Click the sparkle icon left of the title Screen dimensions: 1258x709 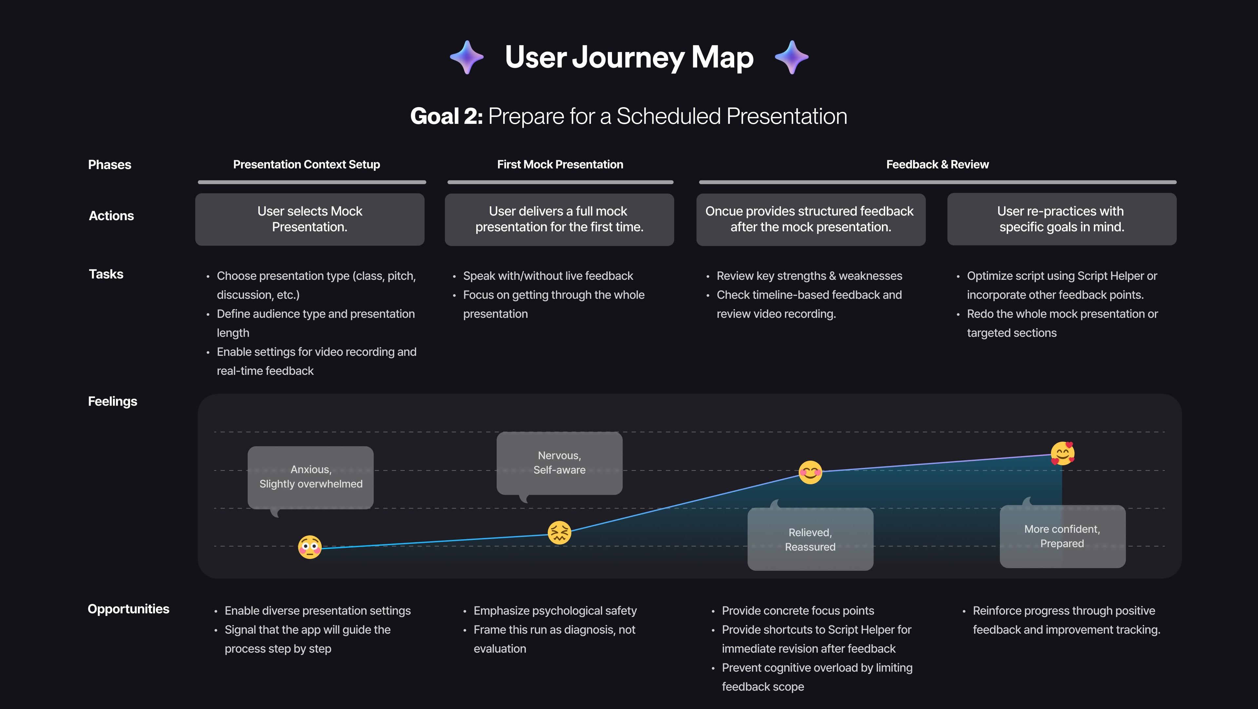pyautogui.click(x=467, y=57)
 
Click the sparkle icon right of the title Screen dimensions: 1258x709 pyautogui.click(x=791, y=57)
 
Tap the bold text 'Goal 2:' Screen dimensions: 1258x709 pyautogui.click(x=446, y=116)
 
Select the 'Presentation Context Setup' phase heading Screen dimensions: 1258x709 pyautogui.click(x=306, y=164)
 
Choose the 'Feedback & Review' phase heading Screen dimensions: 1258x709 pyautogui.click(x=937, y=164)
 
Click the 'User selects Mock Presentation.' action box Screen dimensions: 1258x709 pyautogui.click(x=310, y=219)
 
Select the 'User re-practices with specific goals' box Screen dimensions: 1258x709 pyautogui.click(x=1062, y=219)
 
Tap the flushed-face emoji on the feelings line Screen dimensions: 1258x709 pyautogui.click(x=310, y=547)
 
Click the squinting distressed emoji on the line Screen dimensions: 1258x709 pyautogui.click(x=559, y=532)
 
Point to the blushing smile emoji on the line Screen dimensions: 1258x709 pyautogui.click(x=810, y=472)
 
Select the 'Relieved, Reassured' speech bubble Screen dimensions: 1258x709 pyautogui.click(x=810, y=537)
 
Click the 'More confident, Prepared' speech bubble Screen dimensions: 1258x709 pyautogui.click(x=1063, y=535)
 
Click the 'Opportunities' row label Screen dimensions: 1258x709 pyautogui.click(x=128, y=609)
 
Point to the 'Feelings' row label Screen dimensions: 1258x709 pyautogui.click(x=112, y=401)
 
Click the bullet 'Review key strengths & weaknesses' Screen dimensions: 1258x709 pyautogui.click(x=809, y=276)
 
